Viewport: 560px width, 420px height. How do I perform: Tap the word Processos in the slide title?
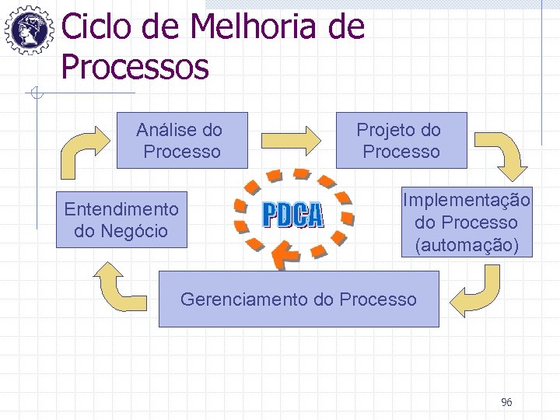click(135, 67)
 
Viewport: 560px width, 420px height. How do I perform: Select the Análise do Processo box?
click(181, 141)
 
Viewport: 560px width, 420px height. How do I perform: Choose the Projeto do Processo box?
click(401, 141)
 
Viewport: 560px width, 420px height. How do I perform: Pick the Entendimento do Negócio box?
click(121, 220)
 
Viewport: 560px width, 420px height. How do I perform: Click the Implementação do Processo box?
click(466, 222)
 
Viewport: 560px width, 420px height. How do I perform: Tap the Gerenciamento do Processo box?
click(299, 299)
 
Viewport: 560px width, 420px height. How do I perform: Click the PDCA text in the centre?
click(292, 215)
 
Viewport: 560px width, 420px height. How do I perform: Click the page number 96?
click(506, 402)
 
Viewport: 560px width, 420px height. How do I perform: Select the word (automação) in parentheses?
click(466, 246)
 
